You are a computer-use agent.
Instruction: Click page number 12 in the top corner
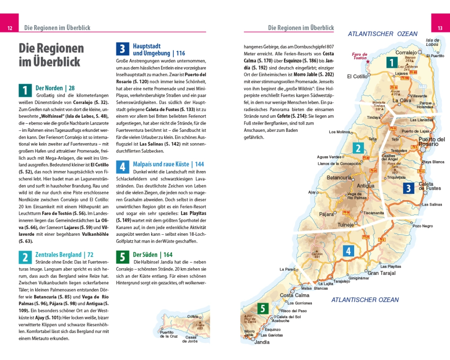(x=9, y=28)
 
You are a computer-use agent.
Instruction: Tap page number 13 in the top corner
(x=440, y=28)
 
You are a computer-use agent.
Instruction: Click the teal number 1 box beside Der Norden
(x=25, y=90)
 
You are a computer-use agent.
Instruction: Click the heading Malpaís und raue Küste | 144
(x=168, y=164)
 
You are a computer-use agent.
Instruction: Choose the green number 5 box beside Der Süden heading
(x=122, y=257)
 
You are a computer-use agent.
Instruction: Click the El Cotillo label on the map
(x=357, y=76)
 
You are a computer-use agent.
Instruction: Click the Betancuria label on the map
(x=339, y=178)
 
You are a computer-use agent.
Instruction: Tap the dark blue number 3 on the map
(x=408, y=189)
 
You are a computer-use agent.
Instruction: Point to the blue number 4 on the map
(x=348, y=251)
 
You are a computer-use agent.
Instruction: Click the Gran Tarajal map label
(x=382, y=273)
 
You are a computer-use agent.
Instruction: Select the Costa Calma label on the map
(x=295, y=295)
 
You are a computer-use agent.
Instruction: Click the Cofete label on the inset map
(x=193, y=317)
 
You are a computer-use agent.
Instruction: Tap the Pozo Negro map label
(x=423, y=226)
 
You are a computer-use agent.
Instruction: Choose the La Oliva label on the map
(x=402, y=100)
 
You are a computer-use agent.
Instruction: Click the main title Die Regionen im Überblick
(x=51, y=55)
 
